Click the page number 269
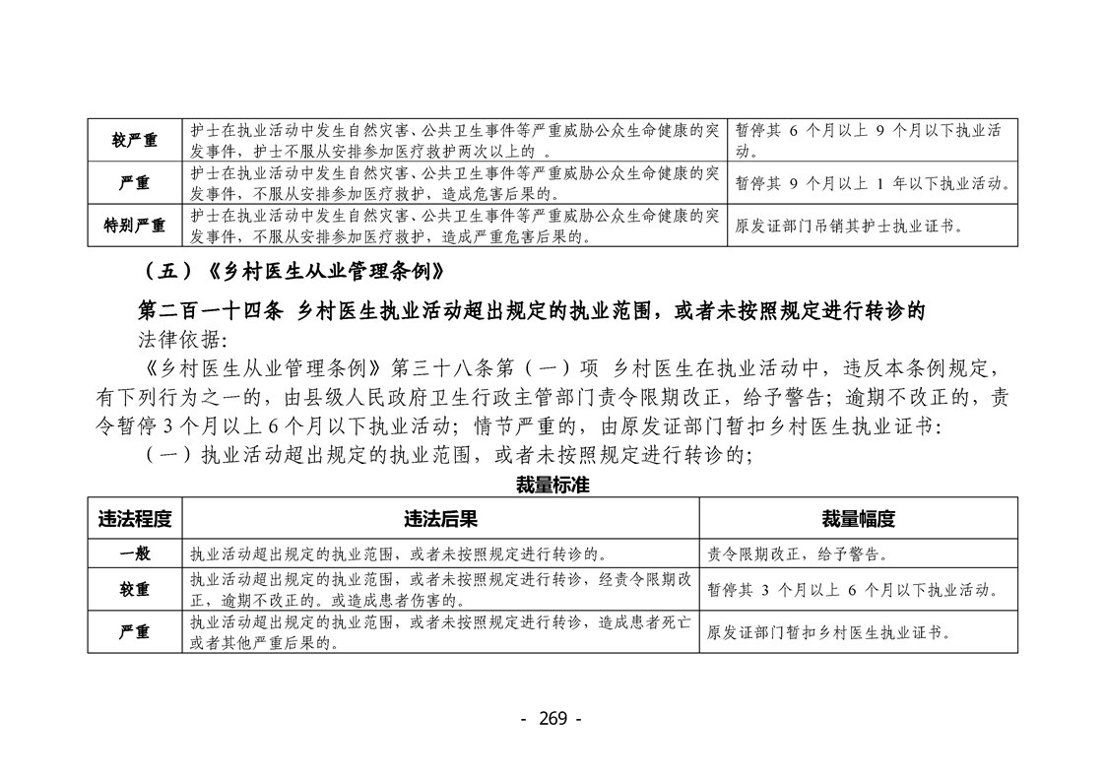coord(552,718)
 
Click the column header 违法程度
coord(135,519)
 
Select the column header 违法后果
coord(440,519)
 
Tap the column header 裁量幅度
coord(858,519)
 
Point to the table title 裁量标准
coord(552,486)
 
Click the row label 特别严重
coord(135,226)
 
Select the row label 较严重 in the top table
coord(135,141)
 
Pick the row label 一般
coord(135,553)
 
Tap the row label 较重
coord(135,589)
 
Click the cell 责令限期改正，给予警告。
coord(797,553)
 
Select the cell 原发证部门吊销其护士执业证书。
coord(849,226)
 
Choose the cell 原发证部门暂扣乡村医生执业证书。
coord(830,632)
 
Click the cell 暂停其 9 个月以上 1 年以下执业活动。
coord(874,183)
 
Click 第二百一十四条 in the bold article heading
coord(210,311)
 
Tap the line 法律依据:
coord(183,341)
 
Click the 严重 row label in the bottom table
coord(135,632)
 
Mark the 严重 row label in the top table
coord(135,183)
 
